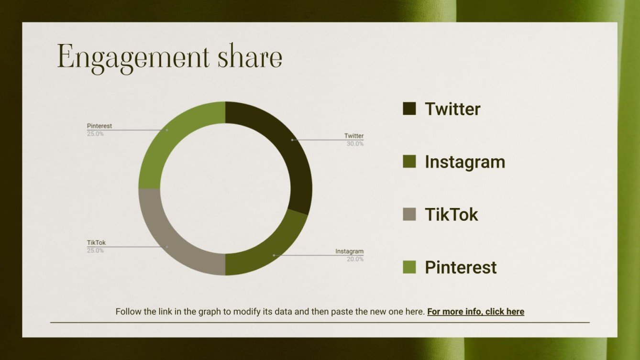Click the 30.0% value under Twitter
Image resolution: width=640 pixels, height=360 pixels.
pos(355,144)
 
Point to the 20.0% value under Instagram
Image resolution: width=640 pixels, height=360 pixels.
pos(355,259)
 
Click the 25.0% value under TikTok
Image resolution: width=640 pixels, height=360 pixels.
pos(95,251)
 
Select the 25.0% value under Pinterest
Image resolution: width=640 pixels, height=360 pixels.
pos(95,134)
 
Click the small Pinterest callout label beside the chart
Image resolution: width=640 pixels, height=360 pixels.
pos(99,126)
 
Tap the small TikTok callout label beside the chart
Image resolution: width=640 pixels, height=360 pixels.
pos(96,243)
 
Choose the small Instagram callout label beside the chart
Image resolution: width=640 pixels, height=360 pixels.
pos(349,251)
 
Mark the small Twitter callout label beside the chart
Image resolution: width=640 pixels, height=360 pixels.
pos(354,136)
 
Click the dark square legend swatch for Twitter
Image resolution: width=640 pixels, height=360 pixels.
pos(409,109)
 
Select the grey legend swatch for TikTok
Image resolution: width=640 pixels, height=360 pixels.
pos(409,214)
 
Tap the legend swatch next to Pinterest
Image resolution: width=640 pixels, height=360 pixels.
pos(409,267)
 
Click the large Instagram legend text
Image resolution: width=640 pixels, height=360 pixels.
pos(464,162)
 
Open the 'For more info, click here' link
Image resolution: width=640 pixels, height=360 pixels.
pos(475,312)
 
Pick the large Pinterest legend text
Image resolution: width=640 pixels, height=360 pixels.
pos(461,267)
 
